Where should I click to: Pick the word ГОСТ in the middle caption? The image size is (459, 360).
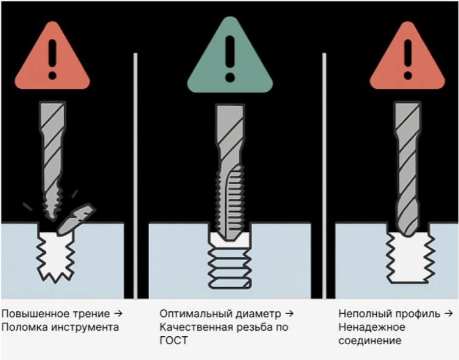point(173,341)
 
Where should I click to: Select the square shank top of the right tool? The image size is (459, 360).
point(407,112)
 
